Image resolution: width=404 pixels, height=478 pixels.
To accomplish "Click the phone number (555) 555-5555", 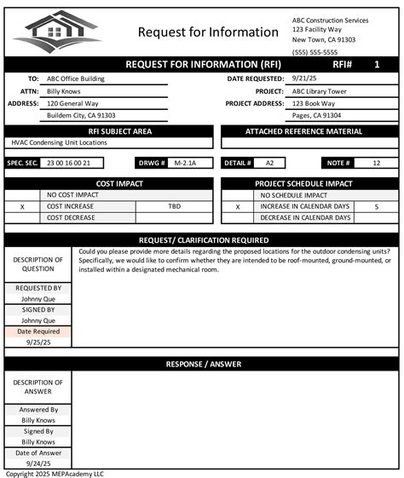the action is pos(315,52).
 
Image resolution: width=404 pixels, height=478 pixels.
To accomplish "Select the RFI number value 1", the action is pos(376,65).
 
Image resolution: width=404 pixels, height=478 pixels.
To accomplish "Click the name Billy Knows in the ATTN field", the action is pos(63,90).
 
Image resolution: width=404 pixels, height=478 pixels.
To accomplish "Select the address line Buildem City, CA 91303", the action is pos(81,115).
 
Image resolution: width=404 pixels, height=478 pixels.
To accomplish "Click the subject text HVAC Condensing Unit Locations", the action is pos(60,142).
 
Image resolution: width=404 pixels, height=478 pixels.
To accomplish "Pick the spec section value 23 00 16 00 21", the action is pos(68,162).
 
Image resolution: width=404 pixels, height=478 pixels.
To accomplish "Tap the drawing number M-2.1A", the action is pos(184,162).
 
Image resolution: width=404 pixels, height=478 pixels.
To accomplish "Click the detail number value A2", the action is pos(269,162).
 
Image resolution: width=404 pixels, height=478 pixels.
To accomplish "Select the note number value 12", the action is pos(375,162).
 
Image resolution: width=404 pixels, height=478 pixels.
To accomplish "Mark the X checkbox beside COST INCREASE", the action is pos(22,206).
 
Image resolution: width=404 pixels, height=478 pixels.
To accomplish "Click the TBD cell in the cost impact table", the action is pos(174,206).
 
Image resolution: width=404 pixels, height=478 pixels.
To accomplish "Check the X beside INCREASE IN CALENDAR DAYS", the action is pos(238,206).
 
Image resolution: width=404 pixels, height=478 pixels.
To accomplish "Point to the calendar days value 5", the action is pos(376,206).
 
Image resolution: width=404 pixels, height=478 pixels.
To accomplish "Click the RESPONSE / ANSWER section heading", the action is pos(202,364).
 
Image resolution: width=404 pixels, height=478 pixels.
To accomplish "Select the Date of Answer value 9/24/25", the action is pos(38,464).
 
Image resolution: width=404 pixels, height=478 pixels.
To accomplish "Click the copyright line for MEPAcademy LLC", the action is pos(55,474).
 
